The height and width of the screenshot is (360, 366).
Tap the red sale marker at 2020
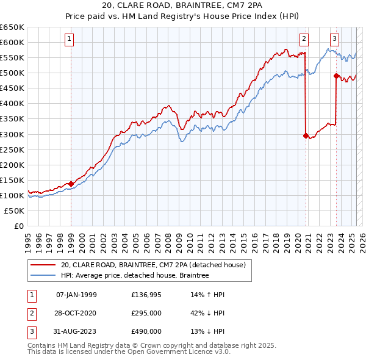tap(306, 136)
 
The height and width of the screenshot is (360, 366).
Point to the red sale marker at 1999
tap(71, 184)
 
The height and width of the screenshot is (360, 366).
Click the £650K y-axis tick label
tap(12, 27)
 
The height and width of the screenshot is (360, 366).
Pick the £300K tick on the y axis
tap(12, 134)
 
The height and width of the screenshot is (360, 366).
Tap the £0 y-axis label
tap(19, 226)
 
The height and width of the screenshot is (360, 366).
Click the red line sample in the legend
tap(43, 265)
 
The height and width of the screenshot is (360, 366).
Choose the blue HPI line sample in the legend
tap(43, 275)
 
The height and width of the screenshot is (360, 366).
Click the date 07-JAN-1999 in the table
tap(76, 295)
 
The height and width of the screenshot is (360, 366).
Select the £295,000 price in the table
tap(146, 313)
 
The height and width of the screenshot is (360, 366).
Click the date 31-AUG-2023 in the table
tap(77, 331)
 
